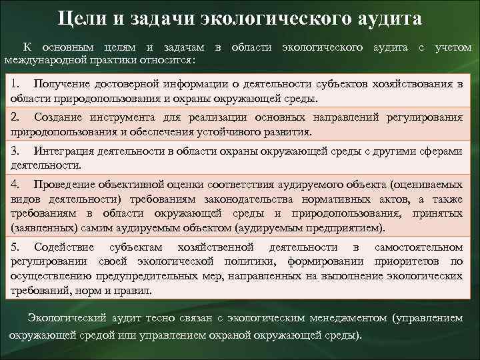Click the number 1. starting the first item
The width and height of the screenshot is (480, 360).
tap(17, 84)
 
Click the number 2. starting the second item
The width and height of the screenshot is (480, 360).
tap(16, 117)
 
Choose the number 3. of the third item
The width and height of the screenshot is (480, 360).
tap(16, 151)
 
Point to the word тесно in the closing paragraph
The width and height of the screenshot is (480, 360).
tap(149, 318)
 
